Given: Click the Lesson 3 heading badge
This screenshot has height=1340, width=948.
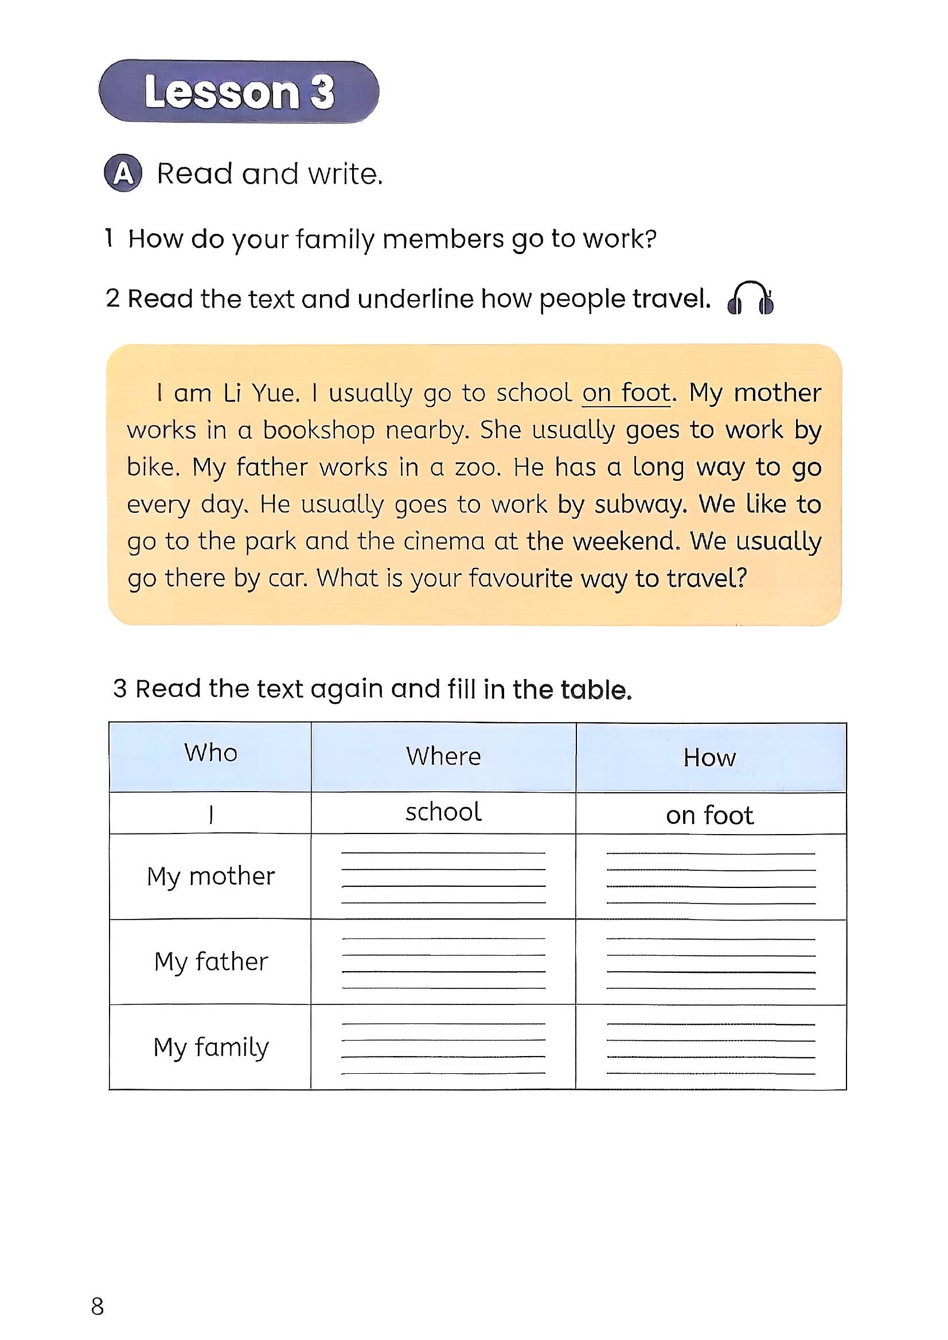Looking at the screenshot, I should point(239,92).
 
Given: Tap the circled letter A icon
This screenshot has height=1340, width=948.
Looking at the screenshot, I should point(123,173).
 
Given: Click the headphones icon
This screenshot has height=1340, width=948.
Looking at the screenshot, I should point(750,298).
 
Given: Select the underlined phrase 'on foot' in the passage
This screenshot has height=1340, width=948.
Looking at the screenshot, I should point(626,393).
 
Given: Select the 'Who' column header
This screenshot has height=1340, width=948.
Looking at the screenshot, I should point(210,753).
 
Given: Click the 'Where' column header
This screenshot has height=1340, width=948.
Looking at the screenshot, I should point(444,757).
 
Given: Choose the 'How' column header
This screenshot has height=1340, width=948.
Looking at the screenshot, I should point(710,758).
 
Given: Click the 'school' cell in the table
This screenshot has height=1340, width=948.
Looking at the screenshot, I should point(444,812).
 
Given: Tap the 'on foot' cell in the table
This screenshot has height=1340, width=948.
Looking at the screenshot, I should point(710,816).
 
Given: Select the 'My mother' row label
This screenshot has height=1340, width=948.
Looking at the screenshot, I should point(210,877).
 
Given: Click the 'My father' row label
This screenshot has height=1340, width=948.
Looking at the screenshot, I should point(210,961).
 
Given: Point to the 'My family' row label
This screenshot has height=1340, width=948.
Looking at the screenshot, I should point(210,1047).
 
